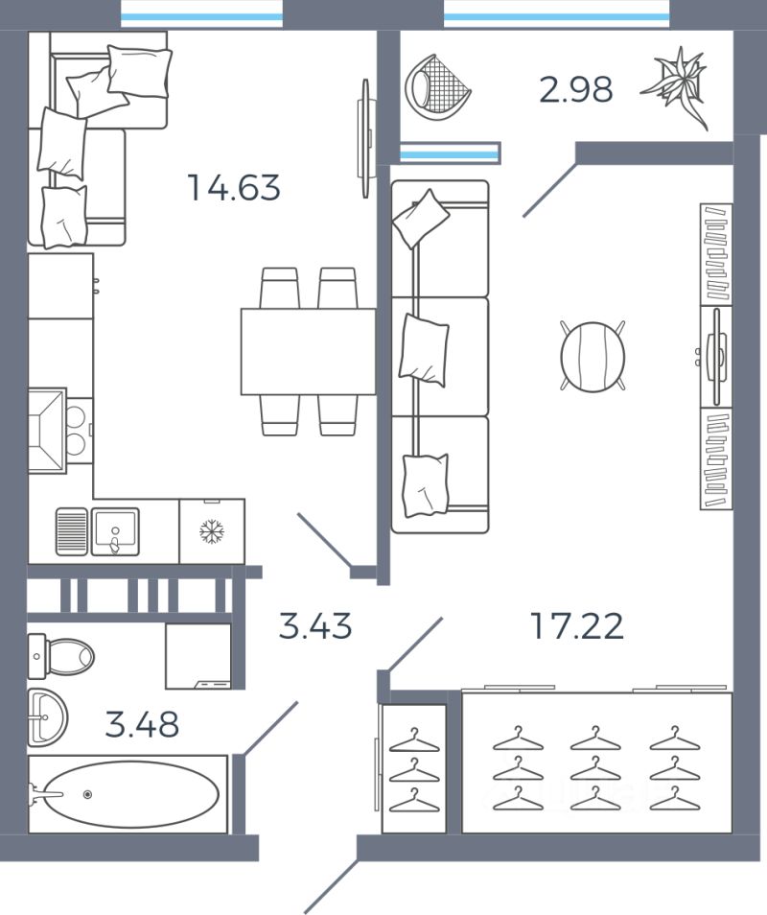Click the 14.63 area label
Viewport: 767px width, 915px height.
(x=234, y=187)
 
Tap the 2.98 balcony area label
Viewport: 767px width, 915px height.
(x=575, y=90)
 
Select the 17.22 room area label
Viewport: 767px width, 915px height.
(x=577, y=625)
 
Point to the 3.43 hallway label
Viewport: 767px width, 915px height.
(x=315, y=625)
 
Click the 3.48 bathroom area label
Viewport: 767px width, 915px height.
(x=142, y=724)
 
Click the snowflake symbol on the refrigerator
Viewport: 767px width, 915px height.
(x=212, y=531)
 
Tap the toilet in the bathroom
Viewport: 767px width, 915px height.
(x=60, y=656)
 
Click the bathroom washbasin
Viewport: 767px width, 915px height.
(x=47, y=716)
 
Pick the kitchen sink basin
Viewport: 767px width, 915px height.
(x=115, y=531)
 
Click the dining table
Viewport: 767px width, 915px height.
(x=308, y=352)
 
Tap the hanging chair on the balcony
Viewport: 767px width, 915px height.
(x=437, y=87)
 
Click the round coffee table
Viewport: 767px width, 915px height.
(x=593, y=356)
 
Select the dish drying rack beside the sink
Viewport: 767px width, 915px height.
(x=72, y=531)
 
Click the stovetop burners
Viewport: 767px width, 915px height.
(x=77, y=431)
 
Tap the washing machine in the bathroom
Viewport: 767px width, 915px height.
(x=198, y=656)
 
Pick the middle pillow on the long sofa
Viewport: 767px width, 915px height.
(x=424, y=349)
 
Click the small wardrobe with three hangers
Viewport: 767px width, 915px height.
(x=413, y=768)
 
